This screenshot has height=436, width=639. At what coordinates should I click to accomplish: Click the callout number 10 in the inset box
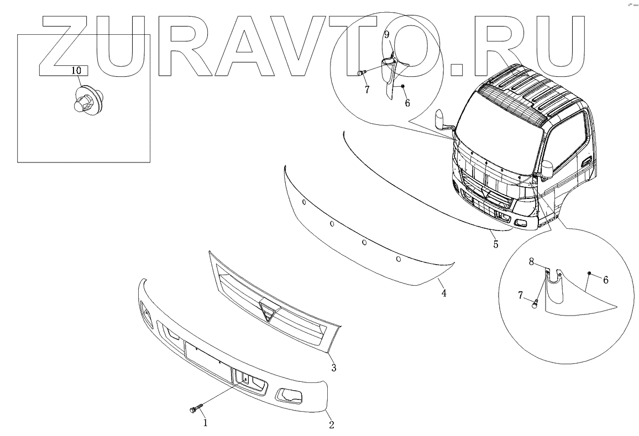[77, 70]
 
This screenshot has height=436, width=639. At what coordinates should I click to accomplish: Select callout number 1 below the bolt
[205, 423]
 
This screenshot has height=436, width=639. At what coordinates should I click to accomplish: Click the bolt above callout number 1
[195, 409]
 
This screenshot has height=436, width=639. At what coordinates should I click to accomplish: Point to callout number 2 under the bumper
[331, 425]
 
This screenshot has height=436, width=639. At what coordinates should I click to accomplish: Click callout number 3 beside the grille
[333, 367]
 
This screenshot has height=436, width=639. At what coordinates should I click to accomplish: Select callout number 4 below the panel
[443, 293]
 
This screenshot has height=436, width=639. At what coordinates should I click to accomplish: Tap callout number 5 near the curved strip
[496, 243]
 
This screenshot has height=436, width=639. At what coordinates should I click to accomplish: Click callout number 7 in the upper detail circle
[365, 90]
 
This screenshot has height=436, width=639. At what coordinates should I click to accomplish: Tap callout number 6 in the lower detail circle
[606, 280]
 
